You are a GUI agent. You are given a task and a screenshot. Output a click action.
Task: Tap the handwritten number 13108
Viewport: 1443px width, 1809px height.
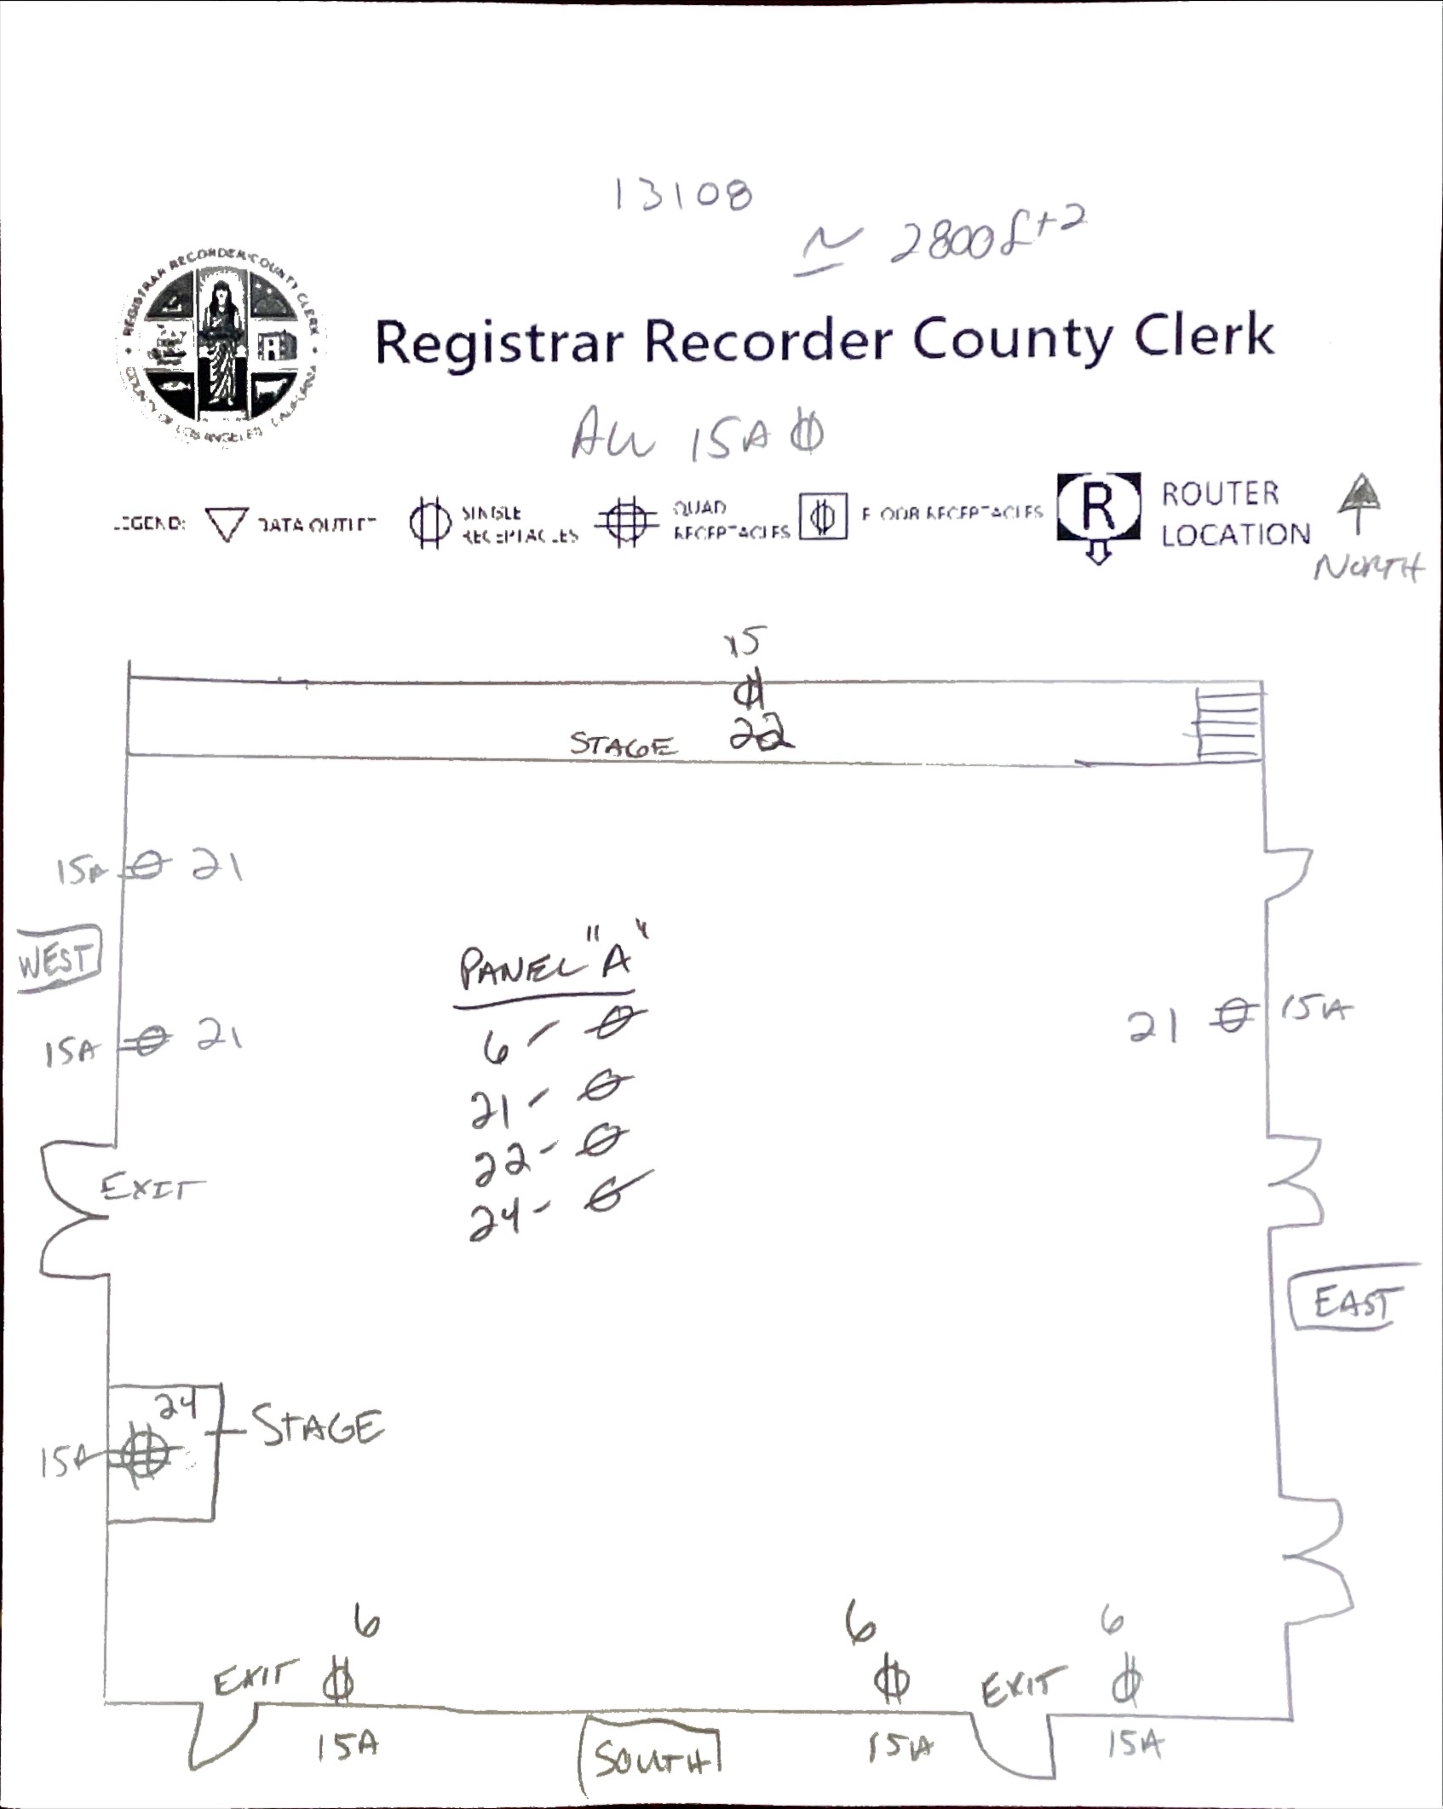point(682,196)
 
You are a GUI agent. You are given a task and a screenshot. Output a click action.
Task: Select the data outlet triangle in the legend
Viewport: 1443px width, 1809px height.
point(226,524)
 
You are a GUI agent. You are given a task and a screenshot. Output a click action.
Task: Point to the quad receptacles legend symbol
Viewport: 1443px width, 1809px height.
point(627,520)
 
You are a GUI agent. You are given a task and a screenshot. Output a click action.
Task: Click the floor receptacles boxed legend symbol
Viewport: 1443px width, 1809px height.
point(822,516)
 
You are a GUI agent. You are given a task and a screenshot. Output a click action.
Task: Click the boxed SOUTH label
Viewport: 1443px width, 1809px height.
point(650,1757)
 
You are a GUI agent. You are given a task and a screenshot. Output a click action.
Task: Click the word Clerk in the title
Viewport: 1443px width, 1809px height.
point(1203,337)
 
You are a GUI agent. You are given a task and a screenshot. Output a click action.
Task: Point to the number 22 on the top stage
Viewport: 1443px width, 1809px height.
point(761,737)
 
